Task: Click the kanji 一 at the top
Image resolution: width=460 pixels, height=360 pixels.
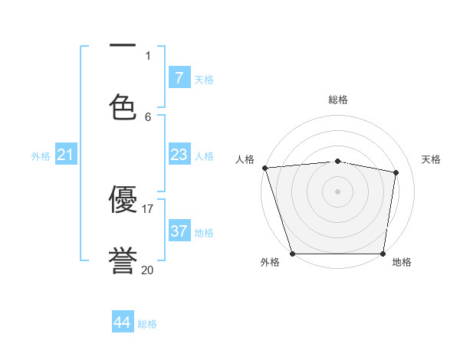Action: click(123, 47)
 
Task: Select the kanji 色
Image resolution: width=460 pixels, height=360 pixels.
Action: click(123, 106)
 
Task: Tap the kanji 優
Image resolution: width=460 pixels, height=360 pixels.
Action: click(123, 200)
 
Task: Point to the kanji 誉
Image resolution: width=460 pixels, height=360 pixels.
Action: click(123, 260)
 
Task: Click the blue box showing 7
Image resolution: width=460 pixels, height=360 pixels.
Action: click(179, 78)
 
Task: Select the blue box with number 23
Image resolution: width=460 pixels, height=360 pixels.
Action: click(179, 155)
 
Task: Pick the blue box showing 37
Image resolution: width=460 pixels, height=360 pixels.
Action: click(179, 231)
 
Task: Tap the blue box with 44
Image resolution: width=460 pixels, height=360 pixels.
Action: click(123, 322)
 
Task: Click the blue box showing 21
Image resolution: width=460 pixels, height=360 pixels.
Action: click(66, 155)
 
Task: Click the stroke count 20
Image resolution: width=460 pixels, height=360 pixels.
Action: click(148, 270)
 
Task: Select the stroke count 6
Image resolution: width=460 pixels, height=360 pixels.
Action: click(148, 116)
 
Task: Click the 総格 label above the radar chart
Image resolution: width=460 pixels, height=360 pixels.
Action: click(338, 100)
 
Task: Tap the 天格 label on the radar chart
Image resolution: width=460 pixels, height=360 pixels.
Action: click(432, 159)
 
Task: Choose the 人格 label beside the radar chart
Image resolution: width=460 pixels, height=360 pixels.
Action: click(245, 159)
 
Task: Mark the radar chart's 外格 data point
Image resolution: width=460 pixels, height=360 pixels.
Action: click(292, 254)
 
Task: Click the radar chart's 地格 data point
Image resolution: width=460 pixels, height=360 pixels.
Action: click(383, 254)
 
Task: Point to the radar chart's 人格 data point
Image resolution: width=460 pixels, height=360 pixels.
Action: click(264, 168)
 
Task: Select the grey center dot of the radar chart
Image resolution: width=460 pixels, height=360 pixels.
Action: click(338, 191)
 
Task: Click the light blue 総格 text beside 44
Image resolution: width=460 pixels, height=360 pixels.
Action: click(147, 324)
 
